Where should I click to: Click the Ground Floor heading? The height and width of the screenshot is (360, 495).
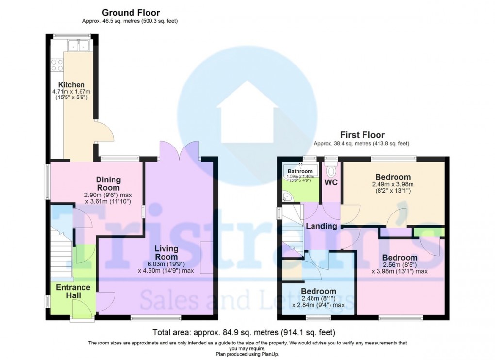pyautogui.click(x=131, y=13)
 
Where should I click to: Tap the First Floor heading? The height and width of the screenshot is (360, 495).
pyautogui.click(x=363, y=135)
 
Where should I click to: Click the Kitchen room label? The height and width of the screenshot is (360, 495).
pyautogui.click(x=71, y=85)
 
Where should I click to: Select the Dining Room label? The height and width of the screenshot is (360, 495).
pyautogui.click(x=108, y=183)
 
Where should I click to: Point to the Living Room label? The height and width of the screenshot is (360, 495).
pyautogui.click(x=166, y=252)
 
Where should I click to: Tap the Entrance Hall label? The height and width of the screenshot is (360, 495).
pyautogui.click(x=73, y=291)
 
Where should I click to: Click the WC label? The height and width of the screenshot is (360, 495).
pyautogui.click(x=331, y=182)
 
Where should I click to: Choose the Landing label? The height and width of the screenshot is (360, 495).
pyautogui.click(x=321, y=226)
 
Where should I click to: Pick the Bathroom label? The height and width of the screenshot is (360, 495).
pyautogui.click(x=300, y=171)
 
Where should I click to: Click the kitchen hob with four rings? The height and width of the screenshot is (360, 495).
pyautogui.click(x=57, y=65)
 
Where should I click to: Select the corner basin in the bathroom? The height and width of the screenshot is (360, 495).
pyautogui.click(x=288, y=197)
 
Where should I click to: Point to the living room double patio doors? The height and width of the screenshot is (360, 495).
pyautogui.click(x=180, y=151)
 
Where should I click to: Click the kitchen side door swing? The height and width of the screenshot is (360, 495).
pyautogui.click(x=104, y=131)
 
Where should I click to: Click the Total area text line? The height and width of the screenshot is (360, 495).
pyautogui.click(x=244, y=332)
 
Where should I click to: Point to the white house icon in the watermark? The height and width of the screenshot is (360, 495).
pyautogui.click(x=247, y=112)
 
